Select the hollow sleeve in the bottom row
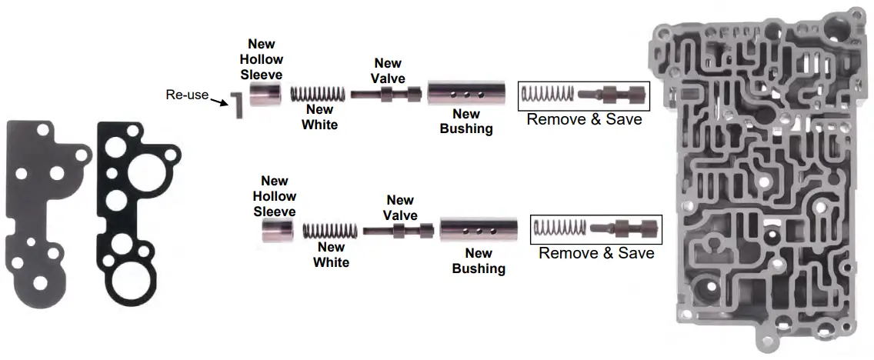[278, 229]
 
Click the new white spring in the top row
[319, 95]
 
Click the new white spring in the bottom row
[331, 229]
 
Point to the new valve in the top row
[387, 95]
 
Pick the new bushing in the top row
[465, 95]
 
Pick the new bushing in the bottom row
[478, 229]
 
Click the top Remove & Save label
[584, 119]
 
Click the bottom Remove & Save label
[596, 253]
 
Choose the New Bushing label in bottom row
[479, 261]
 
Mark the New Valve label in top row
[388, 70]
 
